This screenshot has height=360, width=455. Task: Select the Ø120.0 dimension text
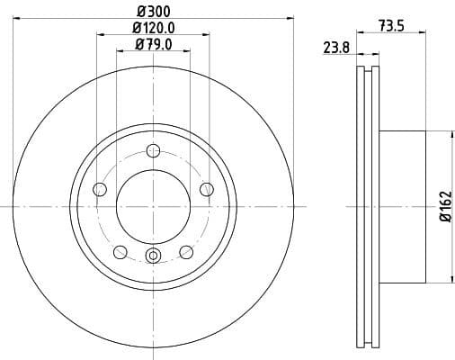coord(154,28)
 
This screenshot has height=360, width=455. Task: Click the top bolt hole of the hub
coord(154,150)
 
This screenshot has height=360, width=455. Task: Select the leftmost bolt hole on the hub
coord(100,189)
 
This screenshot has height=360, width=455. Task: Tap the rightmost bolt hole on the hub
coord(207,189)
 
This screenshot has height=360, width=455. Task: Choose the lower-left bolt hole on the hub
coord(120,251)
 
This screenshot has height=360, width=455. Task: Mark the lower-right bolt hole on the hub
coord(186,251)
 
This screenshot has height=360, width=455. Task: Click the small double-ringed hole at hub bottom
coord(153,256)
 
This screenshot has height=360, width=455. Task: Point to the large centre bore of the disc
coord(153,206)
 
